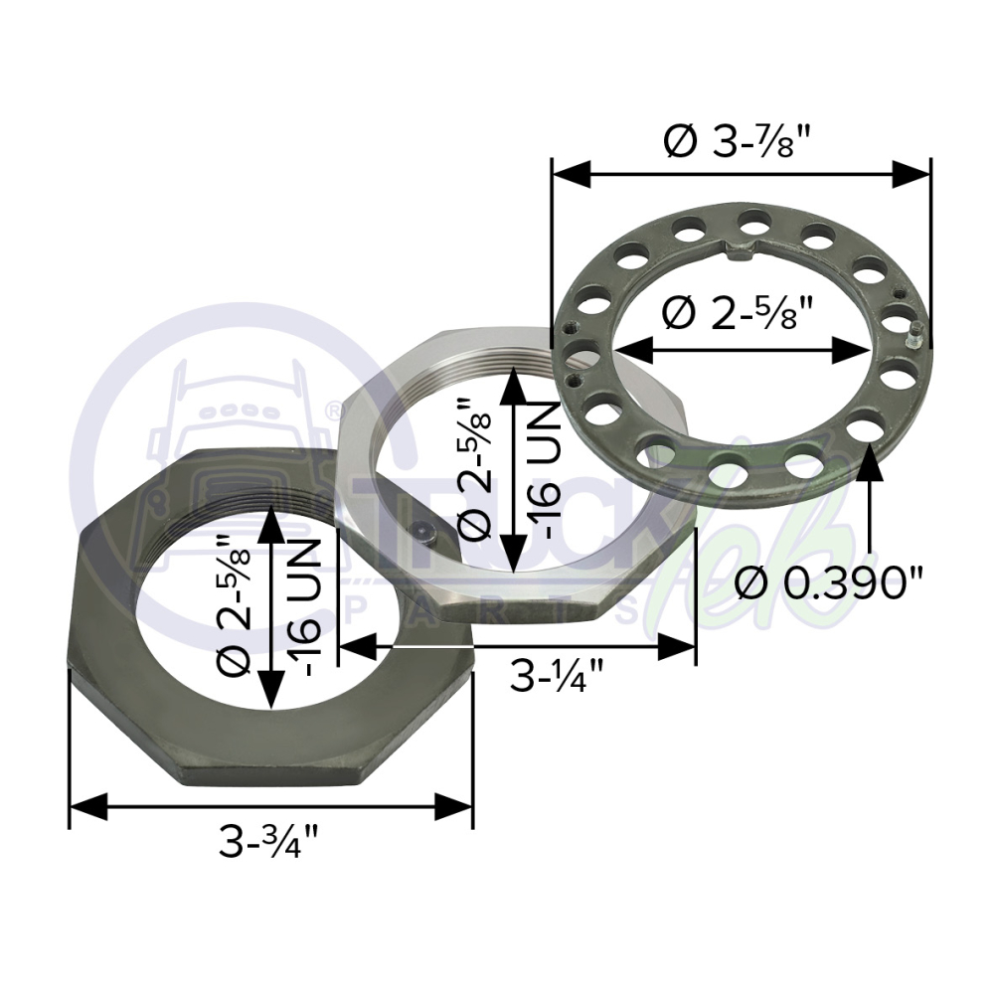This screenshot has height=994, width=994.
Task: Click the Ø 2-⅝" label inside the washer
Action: pyautogui.click(x=739, y=312)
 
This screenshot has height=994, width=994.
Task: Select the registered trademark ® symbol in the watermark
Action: pyautogui.click(x=331, y=413)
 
